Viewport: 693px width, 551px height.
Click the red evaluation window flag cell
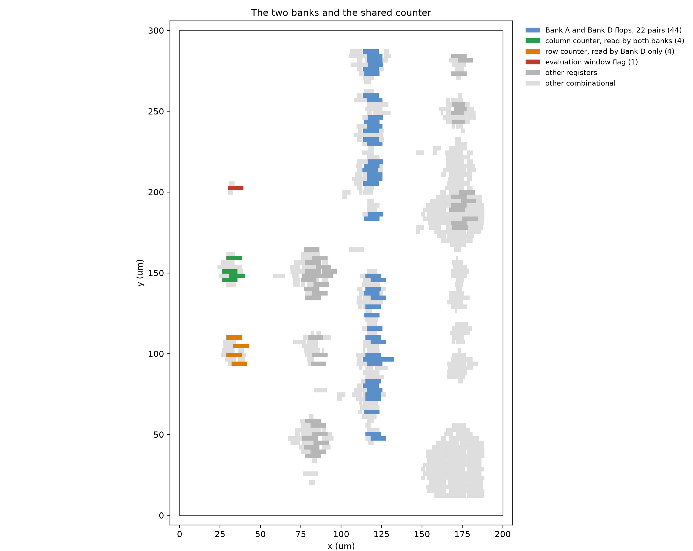pyautogui.click(x=236, y=188)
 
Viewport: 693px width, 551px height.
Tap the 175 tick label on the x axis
pyautogui.click(x=462, y=534)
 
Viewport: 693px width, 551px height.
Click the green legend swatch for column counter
pyautogui.click(x=533, y=41)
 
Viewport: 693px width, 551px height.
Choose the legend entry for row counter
pyautogui.click(x=600, y=51)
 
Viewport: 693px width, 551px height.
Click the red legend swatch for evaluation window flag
pyautogui.click(x=533, y=62)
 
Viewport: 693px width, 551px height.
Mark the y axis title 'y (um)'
pyautogui.click(x=140, y=273)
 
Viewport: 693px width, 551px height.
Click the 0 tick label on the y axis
pyautogui.click(x=161, y=516)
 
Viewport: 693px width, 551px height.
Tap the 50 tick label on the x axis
pyautogui.click(x=260, y=534)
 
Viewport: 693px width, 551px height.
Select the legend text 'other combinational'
pyautogui.click(x=580, y=83)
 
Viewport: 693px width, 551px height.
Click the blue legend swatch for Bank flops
pyautogui.click(x=533, y=30)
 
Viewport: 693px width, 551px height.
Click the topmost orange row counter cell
pyautogui.click(x=234, y=337)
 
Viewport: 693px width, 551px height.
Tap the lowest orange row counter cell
pyautogui.click(x=239, y=364)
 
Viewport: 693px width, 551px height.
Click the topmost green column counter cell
pyautogui.click(x=234, y=258)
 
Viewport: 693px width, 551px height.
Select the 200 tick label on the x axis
pyautogui.click(x=503, y=534)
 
